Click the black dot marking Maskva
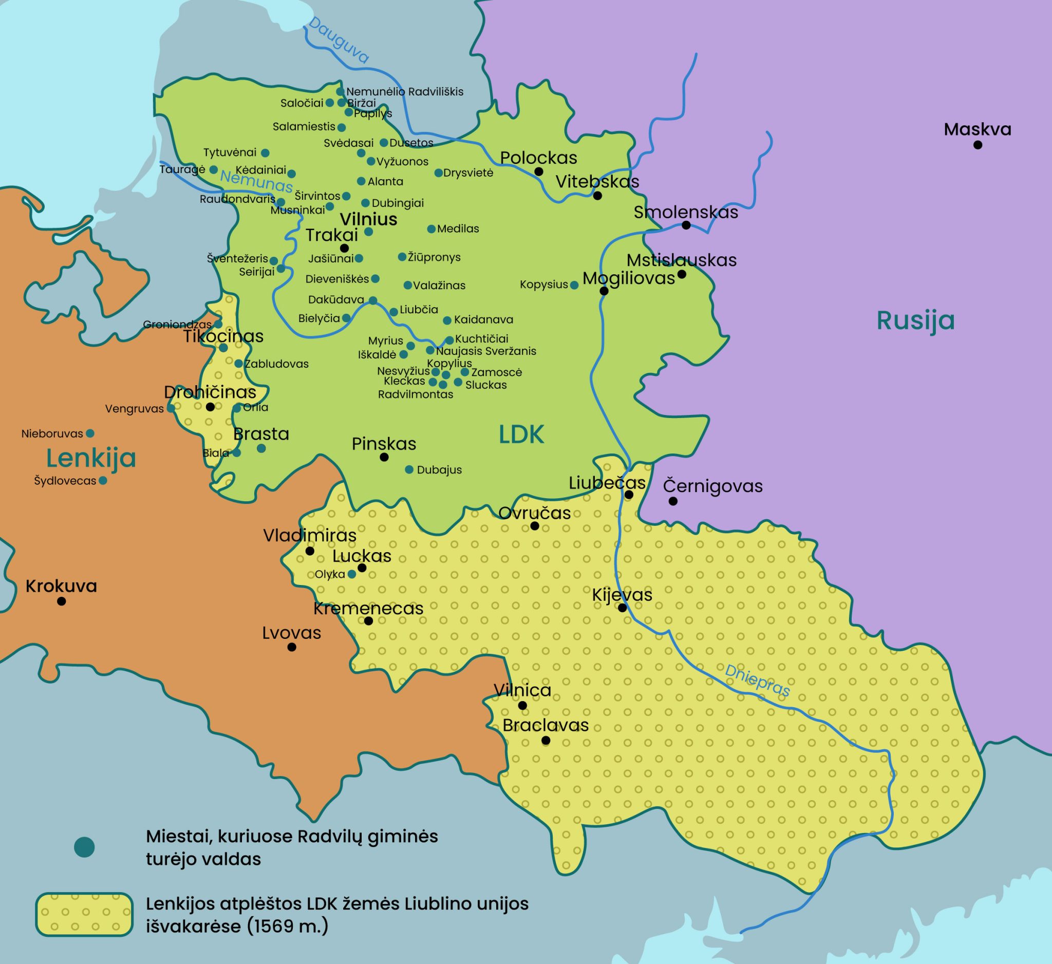coord(978,145)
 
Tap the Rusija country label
coord(915,320)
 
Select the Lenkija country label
coord(91,458)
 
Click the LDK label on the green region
coord(521,434)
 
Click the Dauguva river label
coord(338,41)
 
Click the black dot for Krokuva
coord(62,601)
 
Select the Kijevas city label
coord(622,595)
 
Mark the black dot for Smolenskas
coord(686,225)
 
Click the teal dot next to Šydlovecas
coord(103,480)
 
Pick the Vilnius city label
coord(368,219)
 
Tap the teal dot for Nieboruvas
coord(90,433)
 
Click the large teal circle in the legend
coord(84,846)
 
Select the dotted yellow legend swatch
coord(84,914)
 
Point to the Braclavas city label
coord(546,725)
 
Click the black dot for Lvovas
coord(292,647)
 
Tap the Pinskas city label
coord(384,444)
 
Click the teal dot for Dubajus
coord(409,469)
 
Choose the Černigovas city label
coord(712,486)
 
